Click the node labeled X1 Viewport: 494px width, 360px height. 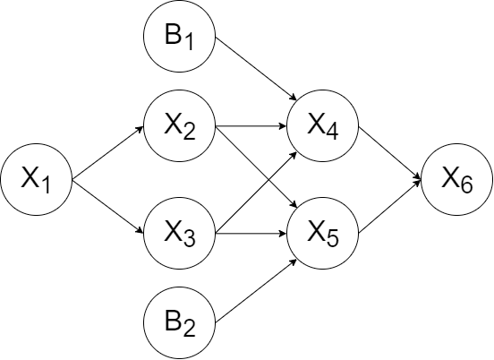pos(36,180)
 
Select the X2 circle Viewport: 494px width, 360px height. pos(179,126)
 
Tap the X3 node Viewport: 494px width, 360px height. pos(179,233)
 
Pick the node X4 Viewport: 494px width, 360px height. pos(322,126)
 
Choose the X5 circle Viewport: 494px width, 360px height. pos(322,233)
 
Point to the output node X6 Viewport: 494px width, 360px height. pos(456,180)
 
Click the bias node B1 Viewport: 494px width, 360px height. pos(179,36)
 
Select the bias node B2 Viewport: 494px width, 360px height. pos(179,322)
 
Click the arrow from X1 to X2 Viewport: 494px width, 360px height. pos(107,153)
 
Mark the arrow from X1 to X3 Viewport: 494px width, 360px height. pos(107,207)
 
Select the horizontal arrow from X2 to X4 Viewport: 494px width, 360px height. pos(251,126)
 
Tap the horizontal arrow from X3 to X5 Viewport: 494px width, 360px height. pos(251,233)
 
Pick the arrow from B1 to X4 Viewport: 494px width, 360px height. pos(256,69)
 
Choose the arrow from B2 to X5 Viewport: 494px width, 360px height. pos(256,290)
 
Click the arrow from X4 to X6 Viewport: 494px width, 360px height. pos(389,153)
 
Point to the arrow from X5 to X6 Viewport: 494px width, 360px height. pos(389,207)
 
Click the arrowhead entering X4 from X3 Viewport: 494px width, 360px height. pos(294,154)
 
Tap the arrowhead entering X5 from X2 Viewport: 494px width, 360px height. pos(294,205)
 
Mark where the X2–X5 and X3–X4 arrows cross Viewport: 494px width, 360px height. pos(268,180)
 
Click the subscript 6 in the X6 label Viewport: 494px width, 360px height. pos(466,184)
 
